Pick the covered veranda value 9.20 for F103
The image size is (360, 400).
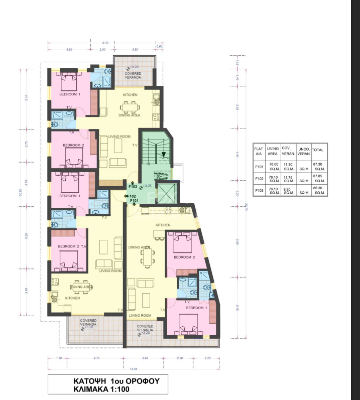click(x=288, y=190)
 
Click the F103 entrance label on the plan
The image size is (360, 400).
click(x=133, y=186)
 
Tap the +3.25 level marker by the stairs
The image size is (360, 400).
click(x=147, y=186)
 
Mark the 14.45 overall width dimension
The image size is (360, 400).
click(x=132, y=370)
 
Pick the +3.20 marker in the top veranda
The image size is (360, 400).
click(x=134, y=67)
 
